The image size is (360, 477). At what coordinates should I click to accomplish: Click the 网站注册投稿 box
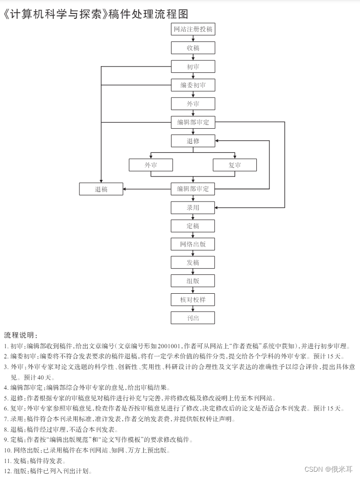[193, 29]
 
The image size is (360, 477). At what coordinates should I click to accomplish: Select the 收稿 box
[193, 48]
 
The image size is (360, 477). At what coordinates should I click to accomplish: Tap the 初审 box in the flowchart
[193, 67]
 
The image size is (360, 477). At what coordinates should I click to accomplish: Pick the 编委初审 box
[193, 85]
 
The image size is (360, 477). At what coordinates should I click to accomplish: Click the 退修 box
[193, 141]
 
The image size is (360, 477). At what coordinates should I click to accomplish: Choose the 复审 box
[235, 165]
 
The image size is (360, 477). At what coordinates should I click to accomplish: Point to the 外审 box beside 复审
[151, 165]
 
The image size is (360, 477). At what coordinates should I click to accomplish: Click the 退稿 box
[101, 189]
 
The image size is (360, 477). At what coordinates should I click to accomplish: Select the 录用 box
[193, 208]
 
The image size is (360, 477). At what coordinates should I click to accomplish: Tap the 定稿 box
[193, 226]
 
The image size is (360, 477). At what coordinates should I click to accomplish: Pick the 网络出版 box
[193, 244]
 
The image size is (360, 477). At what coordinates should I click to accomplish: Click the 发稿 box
[193, 262]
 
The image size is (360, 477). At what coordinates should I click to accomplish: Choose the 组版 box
[193, 281]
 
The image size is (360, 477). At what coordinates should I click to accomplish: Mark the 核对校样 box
[193, 300]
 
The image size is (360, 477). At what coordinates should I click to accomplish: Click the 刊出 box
[193, 318]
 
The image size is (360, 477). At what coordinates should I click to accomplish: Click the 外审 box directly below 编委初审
[193, 104]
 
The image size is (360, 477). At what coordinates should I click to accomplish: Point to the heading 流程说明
[20, 335]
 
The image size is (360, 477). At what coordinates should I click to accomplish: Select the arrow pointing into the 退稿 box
[127, 189]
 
